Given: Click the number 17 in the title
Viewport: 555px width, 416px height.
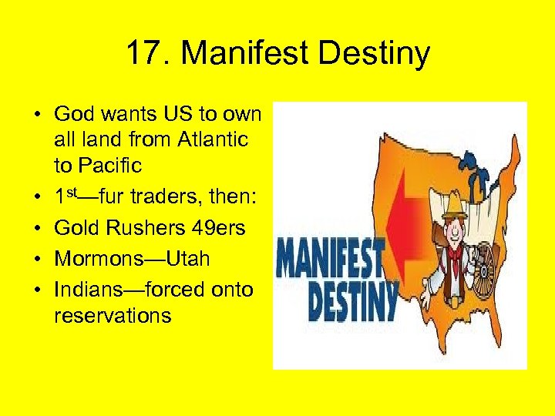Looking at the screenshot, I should tap(143, 55).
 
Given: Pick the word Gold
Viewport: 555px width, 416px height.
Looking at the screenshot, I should tap(76, 228).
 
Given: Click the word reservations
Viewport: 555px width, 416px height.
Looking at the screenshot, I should tap(113, 314).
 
